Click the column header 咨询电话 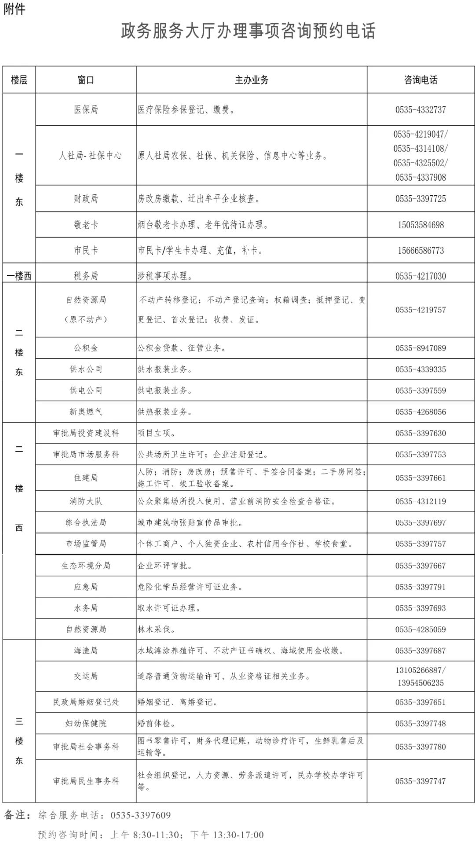(420, 80)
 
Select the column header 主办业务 (252, 80)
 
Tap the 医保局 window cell (86, 109)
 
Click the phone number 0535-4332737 (420, 110)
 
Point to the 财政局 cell (86, 199)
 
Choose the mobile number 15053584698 (420, 225)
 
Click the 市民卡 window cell (86, 251)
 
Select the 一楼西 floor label (19, 276)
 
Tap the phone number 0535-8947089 (420, 348)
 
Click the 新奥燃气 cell (86, 412)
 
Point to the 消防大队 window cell (86, 501)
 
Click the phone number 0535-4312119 (420, 501)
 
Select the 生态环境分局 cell (86, 566)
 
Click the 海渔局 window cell (86, 651)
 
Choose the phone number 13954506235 (420, 683)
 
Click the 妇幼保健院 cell (86, 723)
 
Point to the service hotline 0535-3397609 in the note (140, 815)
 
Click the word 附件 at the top (15, 9)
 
